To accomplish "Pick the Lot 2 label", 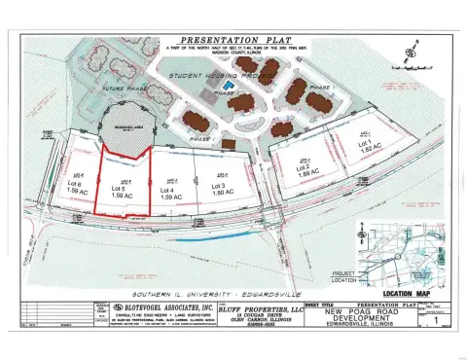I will pos(302,168).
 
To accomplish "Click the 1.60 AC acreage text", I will pos(217,194).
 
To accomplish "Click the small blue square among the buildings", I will pos(229,87).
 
